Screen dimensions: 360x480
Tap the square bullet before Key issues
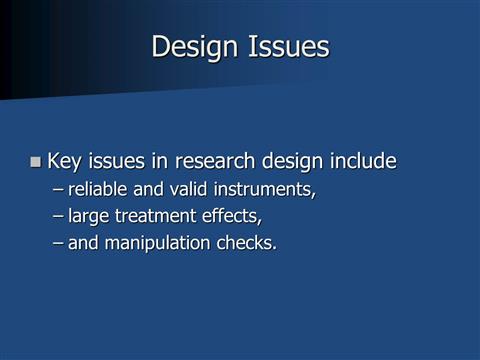click(x=36, y=161)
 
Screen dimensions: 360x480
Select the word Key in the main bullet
click(x=65, y=161)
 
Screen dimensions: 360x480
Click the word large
click(x=89, y=216)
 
